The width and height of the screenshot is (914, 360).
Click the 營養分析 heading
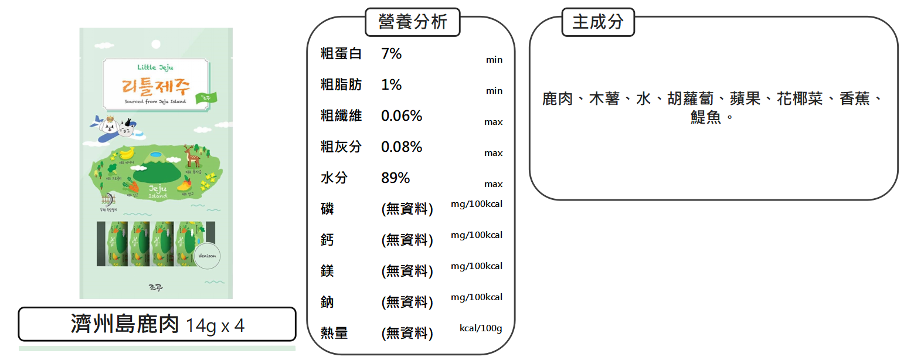tap(413, 22)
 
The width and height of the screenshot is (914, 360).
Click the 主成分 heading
tap(597, 22)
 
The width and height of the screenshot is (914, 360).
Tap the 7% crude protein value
tap(391, 54)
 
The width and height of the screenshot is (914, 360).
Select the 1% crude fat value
tap(391, 85)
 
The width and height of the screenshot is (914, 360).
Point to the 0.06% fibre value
tap(401, 116)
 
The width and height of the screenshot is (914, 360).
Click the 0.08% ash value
tap(401, 147)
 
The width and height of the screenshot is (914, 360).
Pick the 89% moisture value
tap(395, 178)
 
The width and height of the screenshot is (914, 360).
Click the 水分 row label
tap(334, 178)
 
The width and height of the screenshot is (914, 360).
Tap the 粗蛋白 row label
tap(341, 54)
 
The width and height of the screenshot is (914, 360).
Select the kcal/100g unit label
tap(481, 328)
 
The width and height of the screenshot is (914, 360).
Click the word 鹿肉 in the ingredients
tap(557, 99)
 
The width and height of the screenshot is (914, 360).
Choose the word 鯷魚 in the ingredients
tap(705, 118)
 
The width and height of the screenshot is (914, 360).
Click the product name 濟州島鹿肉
tap(124, 324)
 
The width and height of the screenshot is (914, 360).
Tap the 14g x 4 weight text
tap(215, 326)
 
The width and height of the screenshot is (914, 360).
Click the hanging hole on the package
tap(156, 44)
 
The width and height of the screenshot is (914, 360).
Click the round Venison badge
tap(208, 256)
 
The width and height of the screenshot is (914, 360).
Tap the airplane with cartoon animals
tap(113, 128)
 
